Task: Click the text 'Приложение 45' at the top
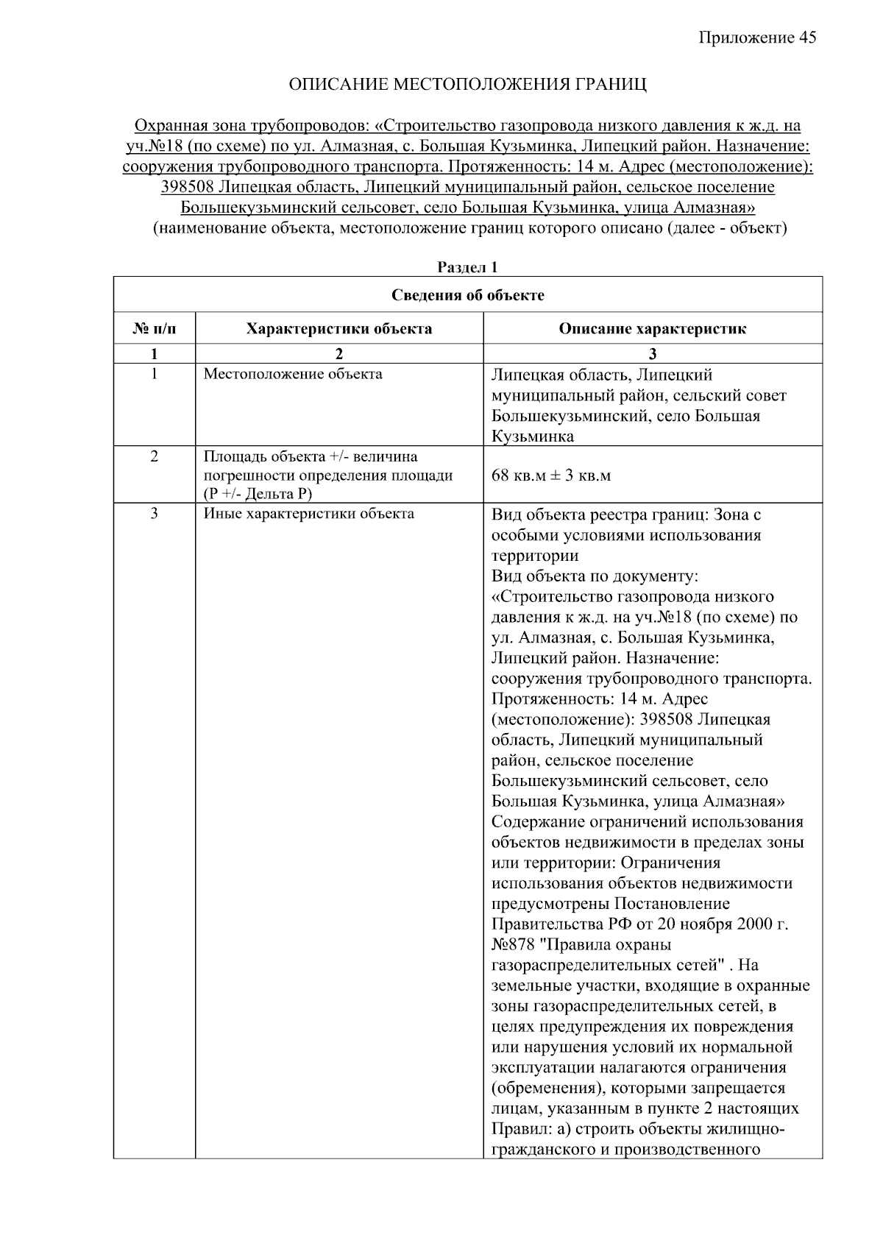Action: tap(757, 38)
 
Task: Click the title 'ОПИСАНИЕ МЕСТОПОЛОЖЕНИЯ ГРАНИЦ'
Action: tap(468, 85)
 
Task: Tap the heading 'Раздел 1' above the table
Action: tap(468, 267)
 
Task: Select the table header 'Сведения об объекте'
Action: tap(468, 295)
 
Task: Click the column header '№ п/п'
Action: tap(154, 328)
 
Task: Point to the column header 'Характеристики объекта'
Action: tap(338, 328)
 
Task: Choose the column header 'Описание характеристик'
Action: tap(652, 328)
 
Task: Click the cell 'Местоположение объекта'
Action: tap(293, 374)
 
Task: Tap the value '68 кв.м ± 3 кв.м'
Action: tap(551, 475)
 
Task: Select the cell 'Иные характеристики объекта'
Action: tap(308, 514)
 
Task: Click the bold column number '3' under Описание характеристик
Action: tap(652, 354)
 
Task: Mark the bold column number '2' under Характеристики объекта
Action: tap(338, 354)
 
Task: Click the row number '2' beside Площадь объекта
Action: tap(154, 456)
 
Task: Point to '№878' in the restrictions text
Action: tap(513, 944)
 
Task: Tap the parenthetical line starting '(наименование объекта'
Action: tap(469, 228)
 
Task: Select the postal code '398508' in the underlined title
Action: tap(188, 187)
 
